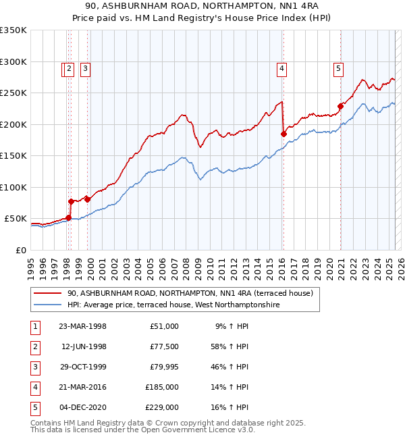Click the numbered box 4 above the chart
point(281,68)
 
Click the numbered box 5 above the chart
point(337,68)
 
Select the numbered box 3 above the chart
point(86,68)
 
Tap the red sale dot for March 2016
point(283,134)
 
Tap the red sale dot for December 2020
point(341,106)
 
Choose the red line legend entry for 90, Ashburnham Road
point(190,294)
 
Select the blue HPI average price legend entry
point(172,305)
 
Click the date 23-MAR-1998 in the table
point(83,326)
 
